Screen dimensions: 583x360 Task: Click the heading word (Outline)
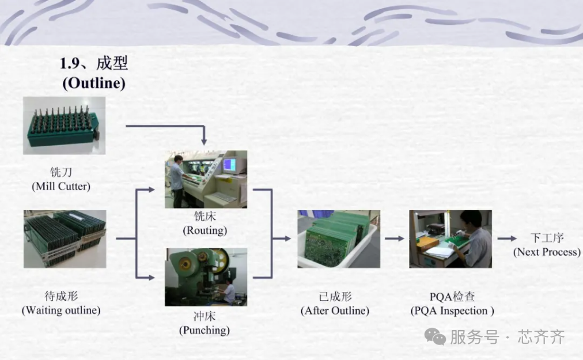tap(94, 83)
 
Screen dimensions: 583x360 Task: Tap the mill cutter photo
tap(65, 126)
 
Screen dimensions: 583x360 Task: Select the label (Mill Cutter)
tap(61, 186)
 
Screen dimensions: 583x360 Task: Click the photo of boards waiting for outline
tap(65, 239)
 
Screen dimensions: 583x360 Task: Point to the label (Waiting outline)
tap(61, 310)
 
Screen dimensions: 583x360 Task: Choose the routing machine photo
tap(206, 179)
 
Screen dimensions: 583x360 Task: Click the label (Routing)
tap(205, 230)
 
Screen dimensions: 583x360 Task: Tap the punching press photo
tap(206, 277)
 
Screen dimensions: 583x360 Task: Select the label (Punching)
tap(205, 330)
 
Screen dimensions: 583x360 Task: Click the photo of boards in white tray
tap(339, 239)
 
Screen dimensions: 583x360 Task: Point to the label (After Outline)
tap(335, 310)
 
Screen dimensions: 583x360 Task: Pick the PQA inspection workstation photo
tap(450, 239)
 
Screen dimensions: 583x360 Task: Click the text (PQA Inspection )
tap(452, 310)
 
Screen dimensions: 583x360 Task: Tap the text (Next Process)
tap(547, 252)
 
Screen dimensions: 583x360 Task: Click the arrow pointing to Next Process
tap(507, 238)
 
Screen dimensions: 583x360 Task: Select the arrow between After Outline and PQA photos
tap(395, 238)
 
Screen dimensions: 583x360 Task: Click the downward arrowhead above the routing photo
tap(204, 142)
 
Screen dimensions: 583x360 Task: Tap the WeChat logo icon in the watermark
tap(435, 336)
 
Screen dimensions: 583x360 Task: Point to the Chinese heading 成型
tap(112, 63)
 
